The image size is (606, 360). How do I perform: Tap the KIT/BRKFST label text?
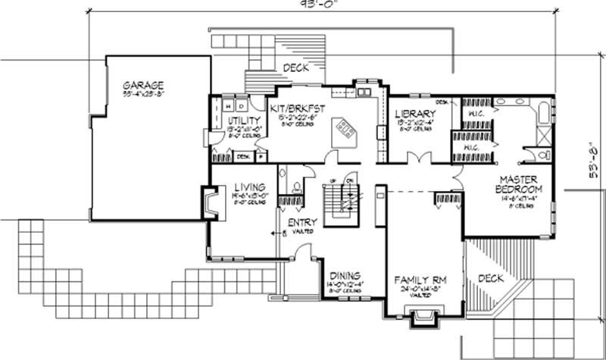(296, 110)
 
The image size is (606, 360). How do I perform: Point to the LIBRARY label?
(414, 114)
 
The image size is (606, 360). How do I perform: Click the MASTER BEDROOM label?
(519, 183)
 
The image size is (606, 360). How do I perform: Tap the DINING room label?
(345, 275)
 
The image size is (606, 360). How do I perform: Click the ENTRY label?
(302, 223)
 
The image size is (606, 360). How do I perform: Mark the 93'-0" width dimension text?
(302, 5)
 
